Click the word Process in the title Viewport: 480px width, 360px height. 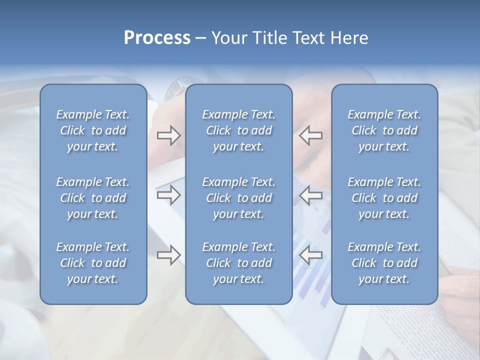pos(157,38)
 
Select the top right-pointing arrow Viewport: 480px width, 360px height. pos(168,135)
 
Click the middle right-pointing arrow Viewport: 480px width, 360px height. pos(168,195)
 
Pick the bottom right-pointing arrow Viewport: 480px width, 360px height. pos(168,255)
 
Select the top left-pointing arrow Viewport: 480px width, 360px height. pos(310,135)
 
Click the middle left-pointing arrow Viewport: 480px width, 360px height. pos(310,195)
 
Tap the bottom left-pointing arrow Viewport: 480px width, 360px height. pos(310,255)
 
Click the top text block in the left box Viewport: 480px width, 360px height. pos(93,130)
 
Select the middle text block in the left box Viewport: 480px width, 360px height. pos(93,198)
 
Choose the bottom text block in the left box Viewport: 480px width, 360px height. pos(93,263)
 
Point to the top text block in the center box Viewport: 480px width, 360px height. pos(238,130)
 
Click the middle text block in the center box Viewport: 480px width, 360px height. pos(238,198)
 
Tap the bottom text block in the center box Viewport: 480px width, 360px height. pos(238,263)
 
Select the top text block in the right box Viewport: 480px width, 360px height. pos(384,130)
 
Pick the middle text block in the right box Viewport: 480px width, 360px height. pos(384,198)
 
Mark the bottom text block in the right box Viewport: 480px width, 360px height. pos(384,263)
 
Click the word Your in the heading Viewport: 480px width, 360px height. pos(228,38)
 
